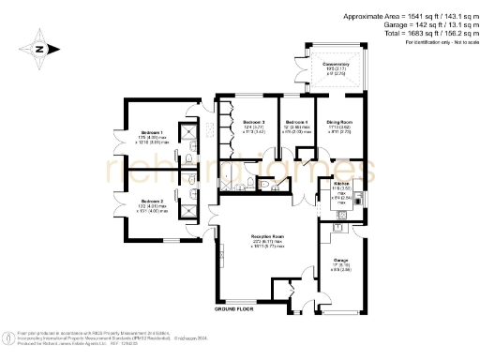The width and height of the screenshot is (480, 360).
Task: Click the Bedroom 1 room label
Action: coord(150,132)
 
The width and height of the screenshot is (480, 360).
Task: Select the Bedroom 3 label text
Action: coord(253,123)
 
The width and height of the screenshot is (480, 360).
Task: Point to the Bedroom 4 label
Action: coord(297,123)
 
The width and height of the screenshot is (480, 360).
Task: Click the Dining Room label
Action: coord(338,123)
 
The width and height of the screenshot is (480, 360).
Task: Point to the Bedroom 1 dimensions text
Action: coord(150,141)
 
